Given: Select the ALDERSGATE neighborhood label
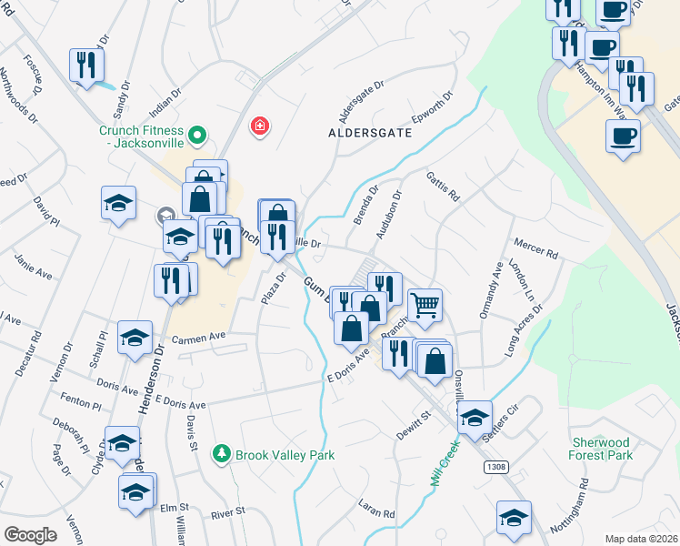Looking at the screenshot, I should pyautogui.click(x=370, y=133).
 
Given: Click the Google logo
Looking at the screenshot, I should pyautogui.click(x=30, y=534).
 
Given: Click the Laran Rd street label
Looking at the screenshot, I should pyautogui.click(x=376, y=514).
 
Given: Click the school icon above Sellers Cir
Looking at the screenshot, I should pyautogui.click(x=474, y=417).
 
